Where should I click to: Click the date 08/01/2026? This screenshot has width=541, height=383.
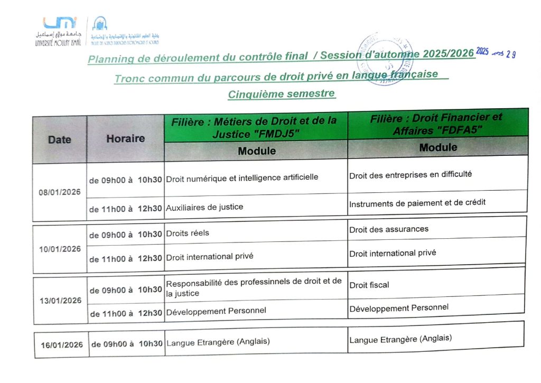[x=59, y=192]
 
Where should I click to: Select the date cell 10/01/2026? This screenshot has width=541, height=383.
[x=60, y=249]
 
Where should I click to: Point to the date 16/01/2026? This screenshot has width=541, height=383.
[x=62, y=345]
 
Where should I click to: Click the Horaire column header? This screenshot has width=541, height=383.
[x=125, y=139]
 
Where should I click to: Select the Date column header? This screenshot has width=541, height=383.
[x=59, y=140]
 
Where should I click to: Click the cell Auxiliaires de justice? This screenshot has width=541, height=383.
[x=204, y=207]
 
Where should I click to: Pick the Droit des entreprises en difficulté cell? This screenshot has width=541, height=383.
[x=410, y=174]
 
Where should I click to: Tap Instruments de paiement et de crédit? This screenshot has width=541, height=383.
[x=417, y=202]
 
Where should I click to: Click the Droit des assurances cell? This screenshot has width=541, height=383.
[x=388, y=229]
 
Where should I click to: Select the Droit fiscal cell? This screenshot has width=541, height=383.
[x=369, y=285]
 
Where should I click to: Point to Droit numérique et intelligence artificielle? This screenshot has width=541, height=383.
[x=242, y=178]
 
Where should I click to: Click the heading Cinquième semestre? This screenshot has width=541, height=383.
[x=281, y=94]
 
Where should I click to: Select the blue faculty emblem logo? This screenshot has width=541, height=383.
[x=99, y=24]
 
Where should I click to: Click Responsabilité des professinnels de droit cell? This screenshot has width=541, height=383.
[x=254, y=287]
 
